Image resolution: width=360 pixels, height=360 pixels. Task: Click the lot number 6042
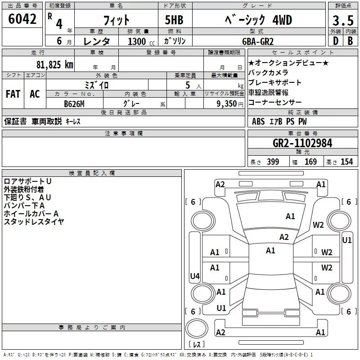point(22,19)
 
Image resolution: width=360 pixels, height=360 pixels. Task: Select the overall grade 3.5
point(343,20)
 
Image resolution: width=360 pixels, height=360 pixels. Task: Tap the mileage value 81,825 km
point(55,64)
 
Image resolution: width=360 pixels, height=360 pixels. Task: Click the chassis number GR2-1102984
point(302,143)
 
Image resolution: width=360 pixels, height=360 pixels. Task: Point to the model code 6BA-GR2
point(258,41)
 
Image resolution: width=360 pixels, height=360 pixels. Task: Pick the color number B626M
point(74,104)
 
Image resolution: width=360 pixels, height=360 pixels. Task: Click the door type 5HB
point(174,20)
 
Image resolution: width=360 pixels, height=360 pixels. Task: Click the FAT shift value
point(13,94)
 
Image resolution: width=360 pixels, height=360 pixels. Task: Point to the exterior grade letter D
point(336,41)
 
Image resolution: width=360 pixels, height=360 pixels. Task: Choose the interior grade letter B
point(350,41)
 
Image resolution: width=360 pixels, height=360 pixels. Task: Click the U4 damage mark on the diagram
point(195,276)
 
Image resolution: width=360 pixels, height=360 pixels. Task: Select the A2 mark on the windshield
point(284,237)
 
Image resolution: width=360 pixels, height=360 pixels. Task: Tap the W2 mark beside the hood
point(318,225)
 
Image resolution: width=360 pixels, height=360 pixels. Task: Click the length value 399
point(273,162)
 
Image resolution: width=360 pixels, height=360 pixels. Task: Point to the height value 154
point(346,162)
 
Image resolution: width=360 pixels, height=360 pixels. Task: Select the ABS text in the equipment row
point(258,121)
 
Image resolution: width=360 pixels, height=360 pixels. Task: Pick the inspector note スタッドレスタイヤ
point(34,222)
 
